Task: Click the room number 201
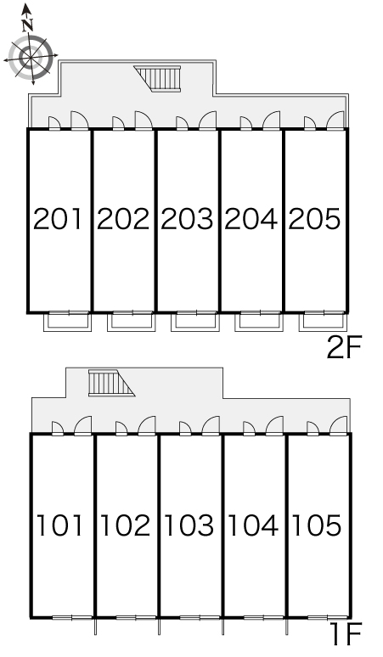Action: [x=58, y=219]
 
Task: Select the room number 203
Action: [x=187, y=219]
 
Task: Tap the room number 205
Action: [x=314, y=219]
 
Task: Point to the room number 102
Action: [x=125, y=525]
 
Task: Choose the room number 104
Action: [x=253, y=525]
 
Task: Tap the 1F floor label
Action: [x=346, y=635]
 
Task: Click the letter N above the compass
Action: [x=28, y=26]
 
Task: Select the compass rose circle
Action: [x=31, y=57]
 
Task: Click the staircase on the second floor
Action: [x=159, y=78]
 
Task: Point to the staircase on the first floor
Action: [x=110, y=383]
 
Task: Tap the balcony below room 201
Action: [x=67, y=322]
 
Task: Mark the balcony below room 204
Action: [x=258, y=322]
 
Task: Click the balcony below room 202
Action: [x=131, y=322]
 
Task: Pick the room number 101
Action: [x=60, y=525]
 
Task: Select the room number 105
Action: [x=317, y=525]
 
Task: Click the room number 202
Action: [x=123, y=219]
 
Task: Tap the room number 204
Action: [x=251, y=219]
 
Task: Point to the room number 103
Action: [x=189, y=525]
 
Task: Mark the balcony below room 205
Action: [x=323, y=322]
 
